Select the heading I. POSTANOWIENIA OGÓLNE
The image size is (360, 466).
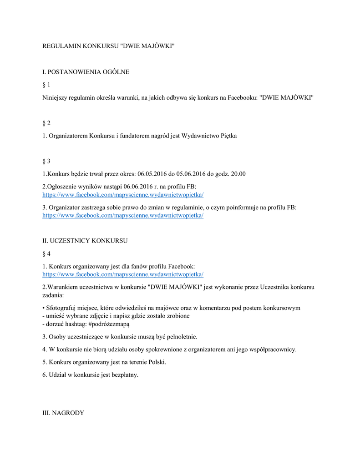[x=86, y=72]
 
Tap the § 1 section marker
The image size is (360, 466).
[x=46, y=85]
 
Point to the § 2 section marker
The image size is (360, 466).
[x=46, y=123]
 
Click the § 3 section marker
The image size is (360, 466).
[x=46, y=161]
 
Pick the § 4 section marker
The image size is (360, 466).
[x=46, y=253]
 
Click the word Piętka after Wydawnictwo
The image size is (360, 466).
[x=226, y=136]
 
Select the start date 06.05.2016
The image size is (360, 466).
[x=152, y=174]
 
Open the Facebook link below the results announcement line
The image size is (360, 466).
[x=123, y=195]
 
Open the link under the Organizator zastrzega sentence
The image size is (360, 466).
[x=123, y=215]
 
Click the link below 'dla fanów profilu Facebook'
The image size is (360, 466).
[x=123, y=274]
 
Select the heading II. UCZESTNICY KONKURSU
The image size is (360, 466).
[x=85, y=240]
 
